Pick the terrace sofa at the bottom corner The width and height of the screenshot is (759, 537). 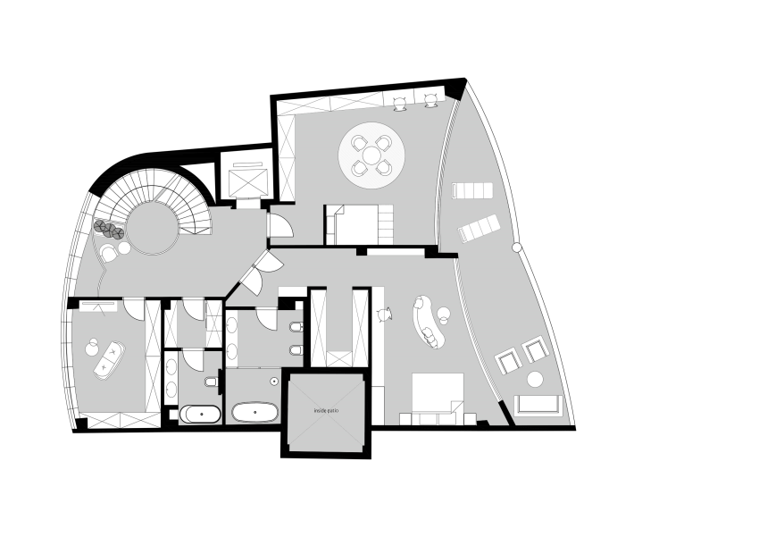(x=538, y=404)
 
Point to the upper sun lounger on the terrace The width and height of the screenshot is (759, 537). (x=472, y=190)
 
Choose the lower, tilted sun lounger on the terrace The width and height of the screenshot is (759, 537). (x=479, y=230)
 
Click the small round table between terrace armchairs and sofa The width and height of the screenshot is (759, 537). (x=535, y=379)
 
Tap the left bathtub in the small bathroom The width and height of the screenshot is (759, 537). (x=200, y=414)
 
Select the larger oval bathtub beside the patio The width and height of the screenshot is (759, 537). (x=255, y=413)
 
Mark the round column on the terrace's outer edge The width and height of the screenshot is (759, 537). (x=515, y=248)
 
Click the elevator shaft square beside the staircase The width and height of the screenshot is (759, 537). (x=245, y=182)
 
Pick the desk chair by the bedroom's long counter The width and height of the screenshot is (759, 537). (x=386, y=314)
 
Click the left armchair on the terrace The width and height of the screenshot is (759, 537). (x=507, y=361)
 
